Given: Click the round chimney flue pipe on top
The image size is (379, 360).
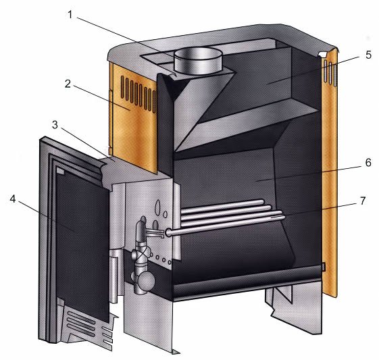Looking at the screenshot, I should [x=199, y=60].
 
